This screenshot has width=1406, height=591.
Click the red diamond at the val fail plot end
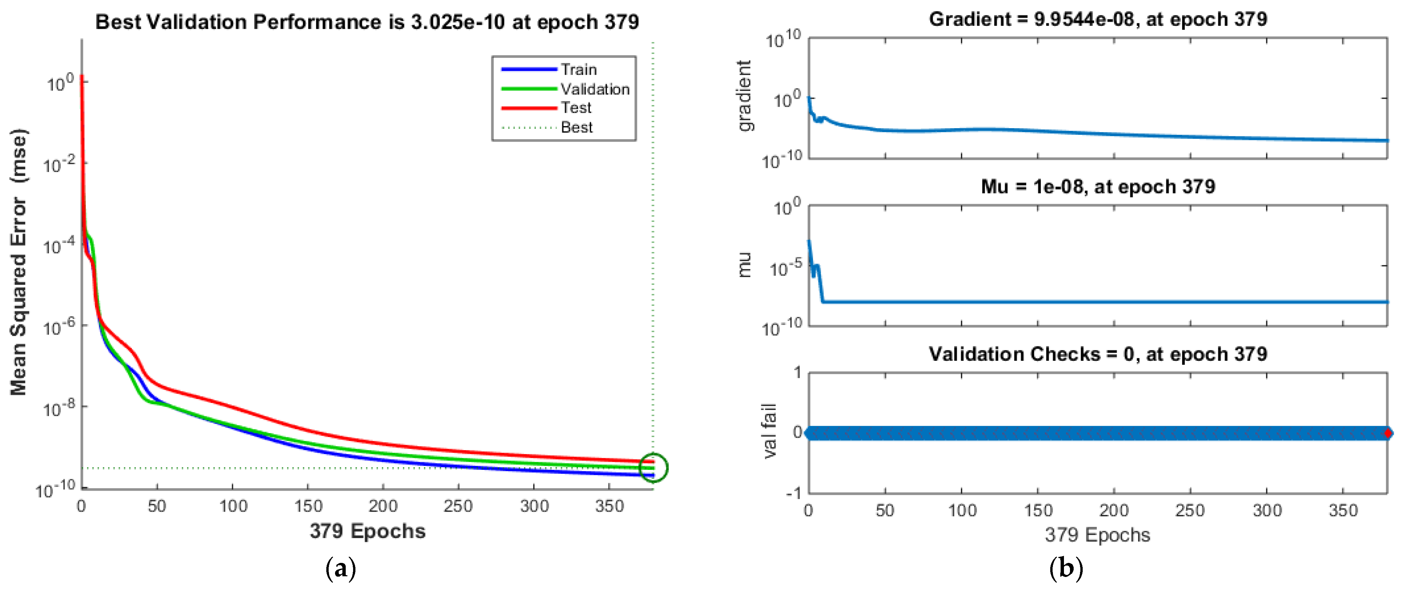click(1388, 433)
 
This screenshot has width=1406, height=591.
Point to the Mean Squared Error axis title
click(18, 262)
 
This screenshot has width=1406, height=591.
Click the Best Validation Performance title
click(367, 22)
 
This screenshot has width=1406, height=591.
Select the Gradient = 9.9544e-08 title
click(1098, 19)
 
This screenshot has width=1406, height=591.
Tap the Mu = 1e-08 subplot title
click(1098, 187)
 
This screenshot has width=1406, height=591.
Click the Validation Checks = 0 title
click(1098, 354)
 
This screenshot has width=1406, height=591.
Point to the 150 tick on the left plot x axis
click(308, 506)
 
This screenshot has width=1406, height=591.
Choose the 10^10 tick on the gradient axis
click(783, 39)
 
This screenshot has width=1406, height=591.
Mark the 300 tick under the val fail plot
click(1267, 511)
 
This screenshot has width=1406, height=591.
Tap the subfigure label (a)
click(341, 569)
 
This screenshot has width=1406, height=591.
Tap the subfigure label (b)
click(1066, 569)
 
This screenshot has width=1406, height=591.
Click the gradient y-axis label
click(744, 95)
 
